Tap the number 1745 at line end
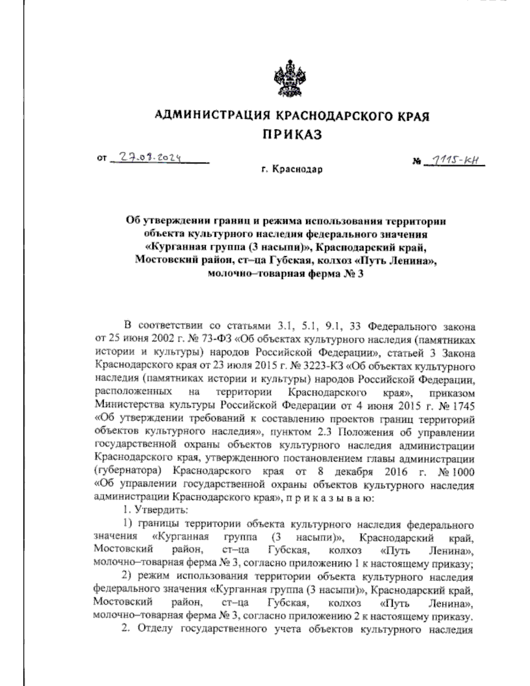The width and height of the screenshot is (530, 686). coord(463,406)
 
